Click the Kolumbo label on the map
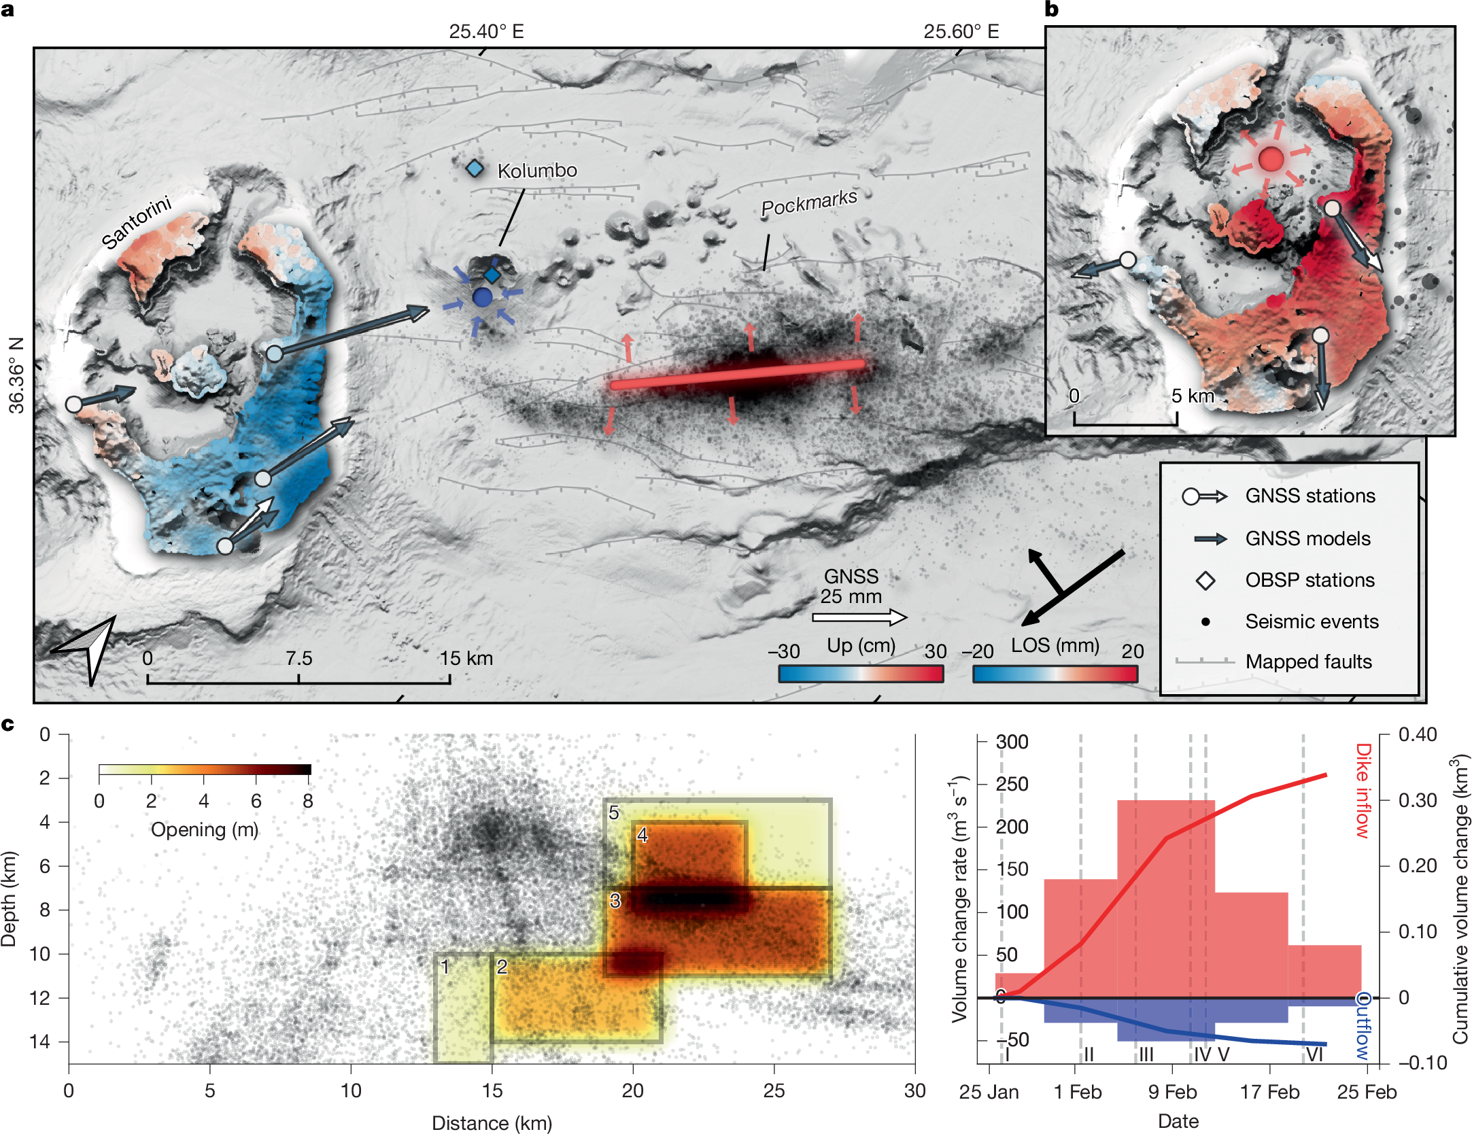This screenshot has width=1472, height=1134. (537, 171)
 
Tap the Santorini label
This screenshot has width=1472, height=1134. (136, 222)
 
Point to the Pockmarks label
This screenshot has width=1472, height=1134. (808, 203)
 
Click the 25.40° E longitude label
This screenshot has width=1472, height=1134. (486, 31)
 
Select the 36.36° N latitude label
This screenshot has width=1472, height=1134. (16, 375)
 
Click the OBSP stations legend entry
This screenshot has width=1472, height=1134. (1310, 580)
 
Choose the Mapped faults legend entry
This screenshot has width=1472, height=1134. (1308, 661)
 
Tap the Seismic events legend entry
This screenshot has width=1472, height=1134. (1312, 621)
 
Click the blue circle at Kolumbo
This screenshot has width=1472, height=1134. (482, 297)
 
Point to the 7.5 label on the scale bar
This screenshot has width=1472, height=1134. (298, 658)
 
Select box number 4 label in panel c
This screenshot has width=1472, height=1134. (642, 835)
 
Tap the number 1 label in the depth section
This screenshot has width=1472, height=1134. (445, 966)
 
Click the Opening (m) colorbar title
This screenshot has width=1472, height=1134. (204, 829)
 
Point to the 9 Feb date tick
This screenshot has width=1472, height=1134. (1172, 1092)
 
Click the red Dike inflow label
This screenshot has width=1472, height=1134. (1362, 790)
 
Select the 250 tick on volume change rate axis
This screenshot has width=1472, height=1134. (1012, 784)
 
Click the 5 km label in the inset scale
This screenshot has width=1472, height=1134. (1192, 396)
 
